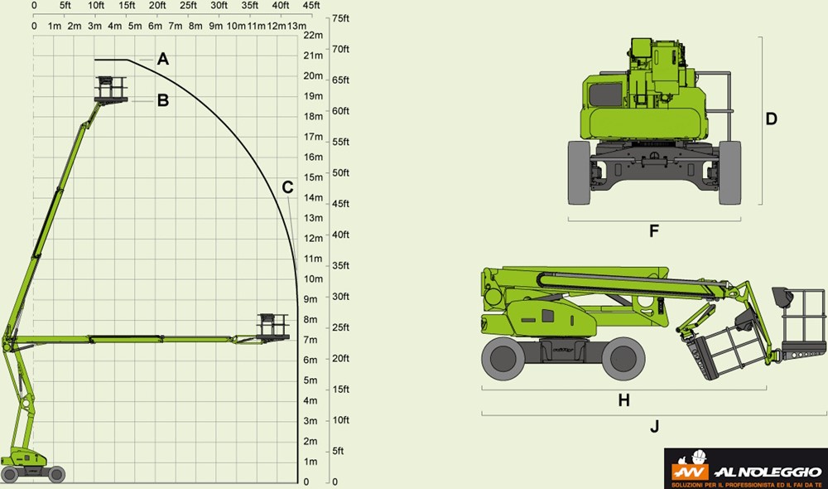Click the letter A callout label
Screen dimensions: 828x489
(163, 59)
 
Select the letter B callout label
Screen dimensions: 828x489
(163, 100)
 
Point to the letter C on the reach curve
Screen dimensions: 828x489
(287, 187)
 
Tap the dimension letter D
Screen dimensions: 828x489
(772, 119)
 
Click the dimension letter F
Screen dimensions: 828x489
(654, 231)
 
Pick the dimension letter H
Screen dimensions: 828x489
(624, 400)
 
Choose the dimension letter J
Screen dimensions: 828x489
(655, 426)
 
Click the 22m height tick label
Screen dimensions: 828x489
(313, 35)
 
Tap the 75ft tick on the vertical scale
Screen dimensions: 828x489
(340, 18)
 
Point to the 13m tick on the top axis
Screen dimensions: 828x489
(296, 26)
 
